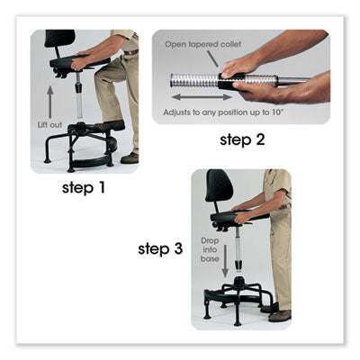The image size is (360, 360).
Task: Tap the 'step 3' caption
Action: pyautogui.click(x=162, y=247)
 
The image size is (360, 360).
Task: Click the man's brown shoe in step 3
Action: pyautogui.click(x=280, y=315)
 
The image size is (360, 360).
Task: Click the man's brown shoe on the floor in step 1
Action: pyautogui.click(x=129, y=157)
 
